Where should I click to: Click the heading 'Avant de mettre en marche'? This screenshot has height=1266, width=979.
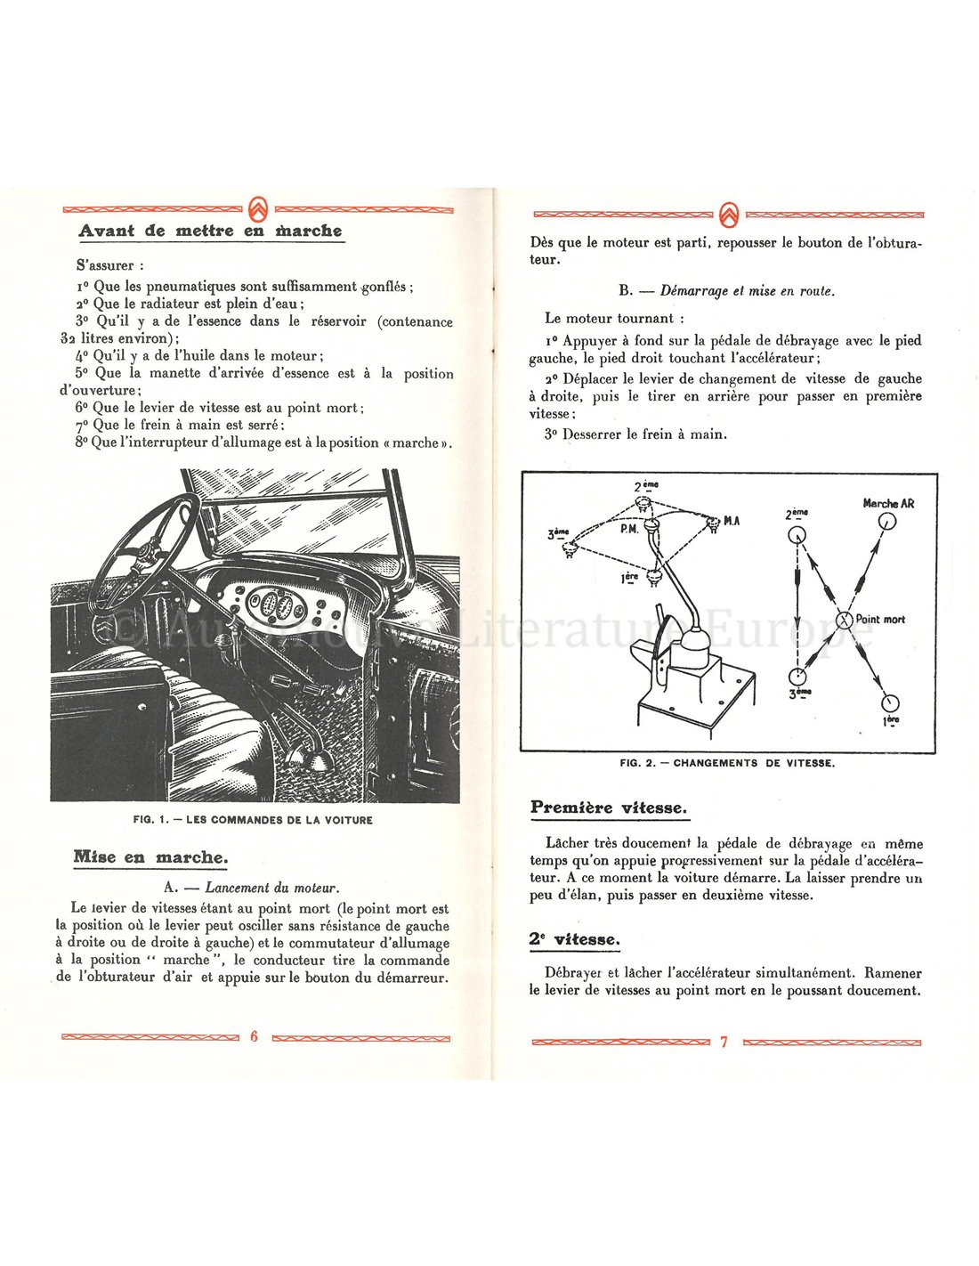tap(210, 231)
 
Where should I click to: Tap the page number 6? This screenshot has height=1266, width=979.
tap(254, 1036)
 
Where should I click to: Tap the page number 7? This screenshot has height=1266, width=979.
tap(724, 1041)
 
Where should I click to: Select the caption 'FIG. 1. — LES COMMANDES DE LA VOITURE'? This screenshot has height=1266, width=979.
tap(253, 820)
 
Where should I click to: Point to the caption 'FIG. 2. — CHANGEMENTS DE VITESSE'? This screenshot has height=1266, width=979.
tap(727, 763)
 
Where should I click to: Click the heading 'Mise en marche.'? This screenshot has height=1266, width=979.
tap(150, 857)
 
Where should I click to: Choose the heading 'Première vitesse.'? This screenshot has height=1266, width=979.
tap(609, 807)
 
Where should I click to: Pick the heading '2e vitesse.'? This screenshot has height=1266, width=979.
tap(575, 939)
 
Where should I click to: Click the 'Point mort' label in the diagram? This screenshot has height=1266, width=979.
tap(880, 619)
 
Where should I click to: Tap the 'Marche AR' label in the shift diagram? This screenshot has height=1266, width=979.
tap(888, 503)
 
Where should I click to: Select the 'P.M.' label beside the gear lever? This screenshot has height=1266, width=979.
tap(630, 528)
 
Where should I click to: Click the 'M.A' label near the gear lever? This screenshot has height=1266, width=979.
tap(732, 521)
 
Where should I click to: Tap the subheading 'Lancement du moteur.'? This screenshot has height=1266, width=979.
tap(271, 888)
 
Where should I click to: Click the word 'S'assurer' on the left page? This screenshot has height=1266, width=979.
tap(110, 265)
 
